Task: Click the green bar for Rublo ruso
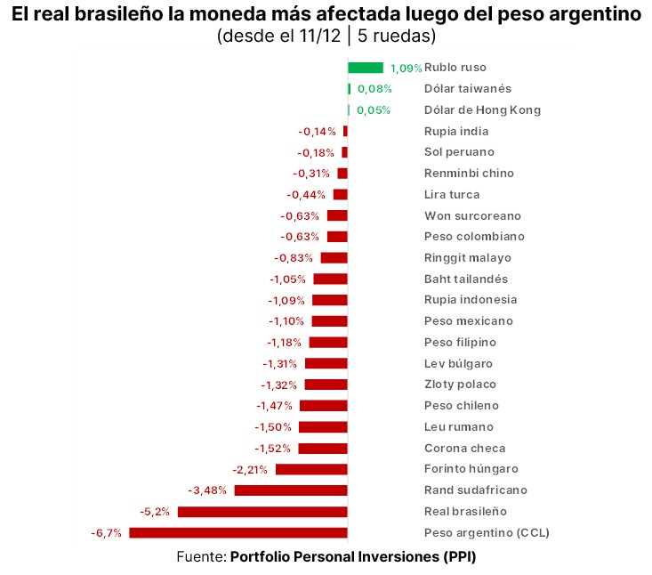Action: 365,68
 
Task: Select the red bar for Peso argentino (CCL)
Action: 238,533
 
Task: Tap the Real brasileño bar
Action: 262,512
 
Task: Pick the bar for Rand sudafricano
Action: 291,490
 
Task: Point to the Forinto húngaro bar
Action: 311,469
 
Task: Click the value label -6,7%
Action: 106,533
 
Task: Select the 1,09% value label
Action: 406,69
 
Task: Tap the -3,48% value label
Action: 208,490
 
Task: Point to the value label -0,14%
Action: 317,132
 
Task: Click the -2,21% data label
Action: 250,469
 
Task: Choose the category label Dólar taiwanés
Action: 468,89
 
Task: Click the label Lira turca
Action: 452,195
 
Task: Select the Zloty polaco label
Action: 460,385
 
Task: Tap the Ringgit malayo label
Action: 468,258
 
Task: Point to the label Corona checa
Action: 464,449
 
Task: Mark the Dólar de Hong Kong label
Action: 482,110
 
